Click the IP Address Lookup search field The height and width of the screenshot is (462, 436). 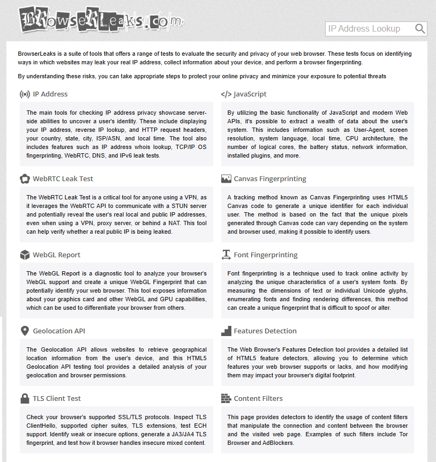tap(370, 29)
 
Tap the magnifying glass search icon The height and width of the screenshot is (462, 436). tap(420, 29)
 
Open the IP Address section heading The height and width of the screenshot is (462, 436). tap(50, 94)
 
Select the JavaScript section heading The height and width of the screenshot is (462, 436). tap(250, 94)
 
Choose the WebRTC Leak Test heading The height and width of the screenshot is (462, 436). tap(63, 179)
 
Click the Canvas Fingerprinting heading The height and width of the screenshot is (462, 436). tap(270, 179)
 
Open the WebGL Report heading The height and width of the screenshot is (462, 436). tap(57, 255)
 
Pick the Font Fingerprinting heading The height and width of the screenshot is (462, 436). tap(266, 255)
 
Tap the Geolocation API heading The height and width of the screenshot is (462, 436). tap(59, 331)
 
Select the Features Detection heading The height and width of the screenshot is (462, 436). tap(265, 331)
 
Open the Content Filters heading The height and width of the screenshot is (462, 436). tap(258, 399)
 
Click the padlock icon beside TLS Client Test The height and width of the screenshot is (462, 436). tap(25, 398)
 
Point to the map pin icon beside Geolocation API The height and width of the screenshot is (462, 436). tap(25, 331)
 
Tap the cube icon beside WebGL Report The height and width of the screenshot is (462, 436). tap(25, 255)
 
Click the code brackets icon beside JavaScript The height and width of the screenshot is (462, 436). tap(225, 94)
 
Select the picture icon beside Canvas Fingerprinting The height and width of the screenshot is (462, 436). tap(225, 179)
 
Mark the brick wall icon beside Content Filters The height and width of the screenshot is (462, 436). tap(225, 399)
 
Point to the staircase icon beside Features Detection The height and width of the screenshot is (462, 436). tap(225, 331)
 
